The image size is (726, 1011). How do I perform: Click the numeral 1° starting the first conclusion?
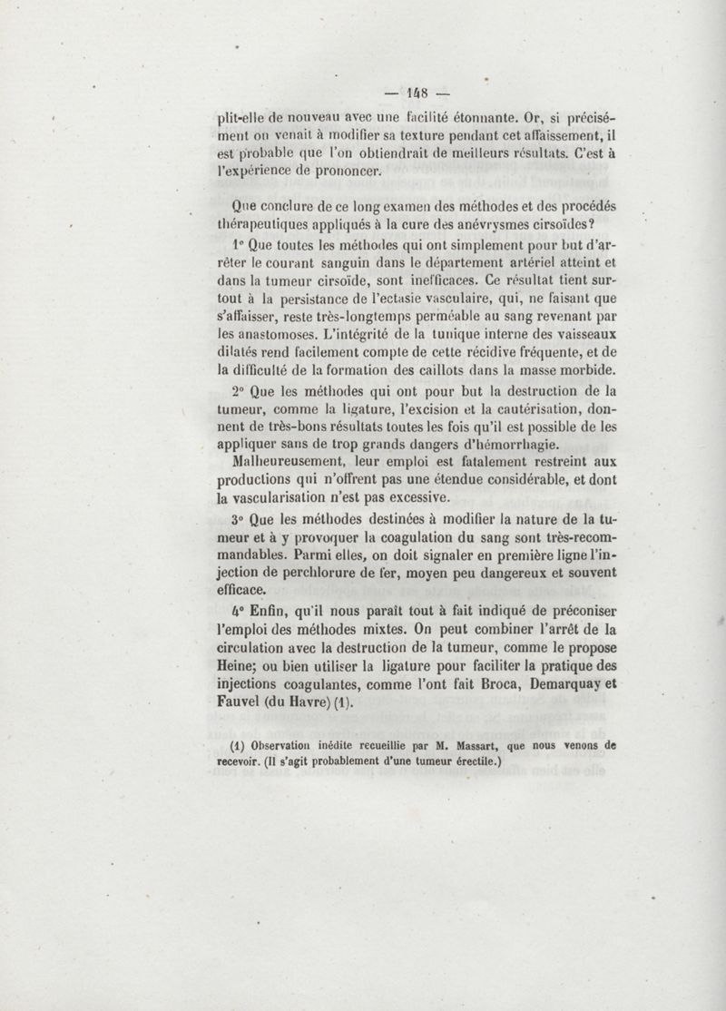click(x=238, y=245)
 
